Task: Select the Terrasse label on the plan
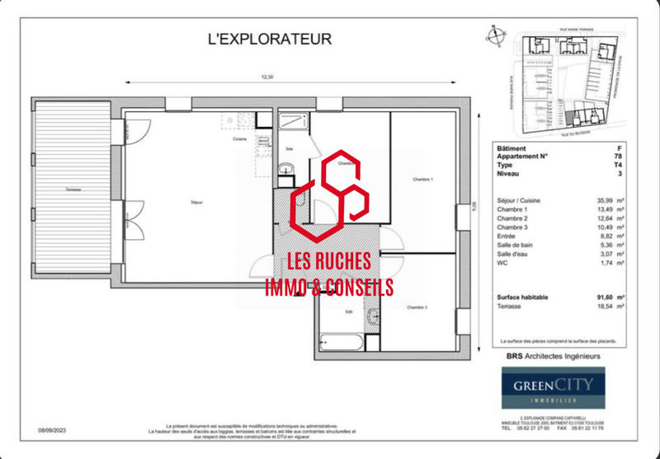[x=74, y=190]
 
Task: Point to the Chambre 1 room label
[x=422, y=180]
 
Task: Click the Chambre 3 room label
[x=418, y=307]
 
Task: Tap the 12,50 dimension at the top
[x=266, y=77]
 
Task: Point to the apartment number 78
[x=618, y=157]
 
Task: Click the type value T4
[x=618, y=165]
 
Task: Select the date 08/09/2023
[x=53, y=429]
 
